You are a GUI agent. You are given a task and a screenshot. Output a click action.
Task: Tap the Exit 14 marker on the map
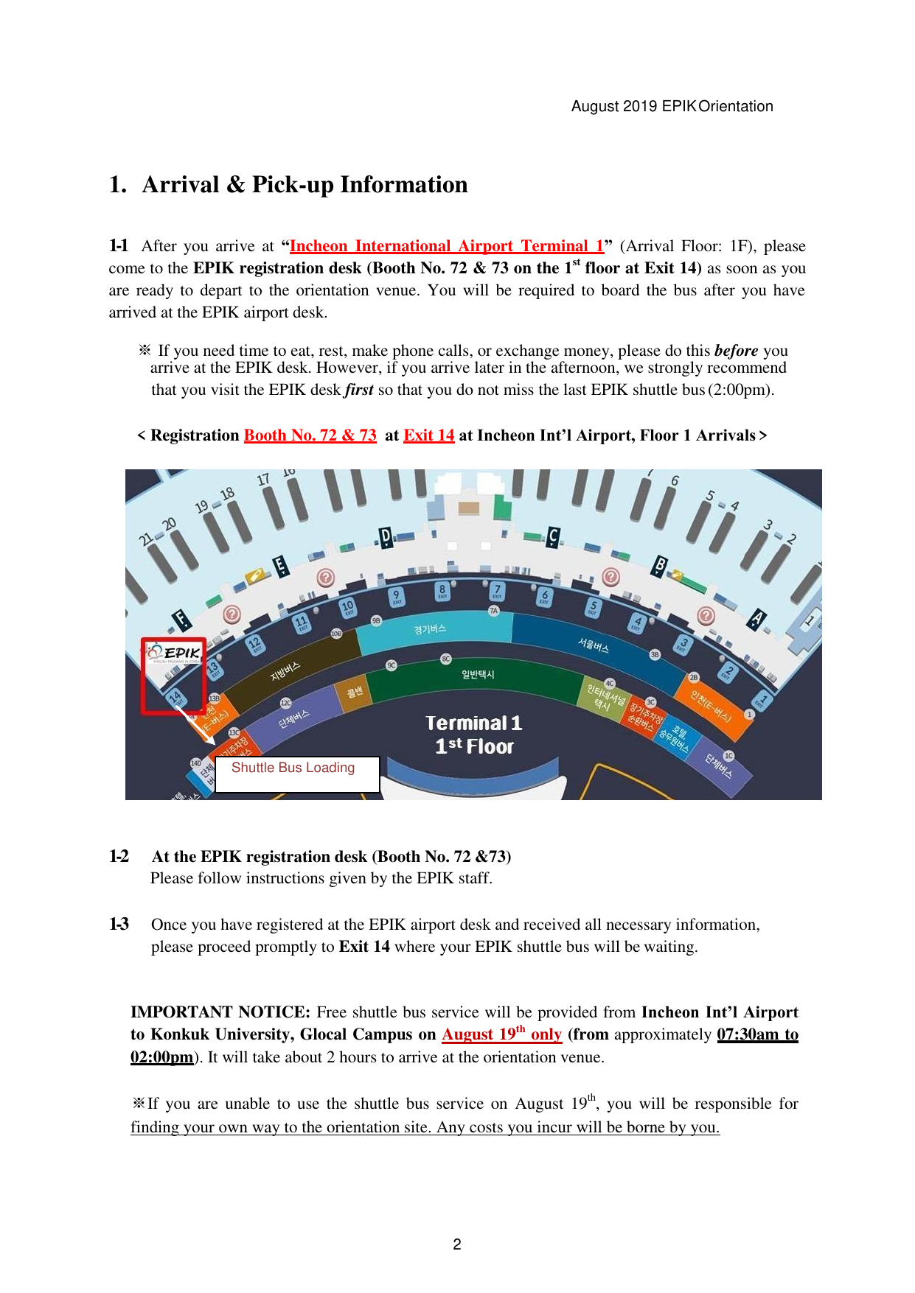pyautogui.click(x=175, y=696)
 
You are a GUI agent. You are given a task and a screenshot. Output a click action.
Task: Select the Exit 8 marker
pyautogui.click(x=442, y=590)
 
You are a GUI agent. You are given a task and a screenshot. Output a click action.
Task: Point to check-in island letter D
pyautogui.click(x=386, y=537)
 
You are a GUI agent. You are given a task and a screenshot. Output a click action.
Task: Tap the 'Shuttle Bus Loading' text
pyautogui.click(x=293, y=768)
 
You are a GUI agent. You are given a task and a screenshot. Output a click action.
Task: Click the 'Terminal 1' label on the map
pyautogui.click(x=473, y=723)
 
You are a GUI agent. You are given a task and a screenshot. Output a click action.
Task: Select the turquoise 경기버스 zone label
pyautogui.click(x=430, y=629)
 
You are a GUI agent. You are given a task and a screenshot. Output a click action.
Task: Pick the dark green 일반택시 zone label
pyautogui.click(x=478, y=674)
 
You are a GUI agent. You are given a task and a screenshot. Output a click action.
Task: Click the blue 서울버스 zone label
pyautogui.click(x=594, y=645)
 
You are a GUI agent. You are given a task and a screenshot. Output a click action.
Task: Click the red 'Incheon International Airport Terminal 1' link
pyautogui.click(x=447, y=246)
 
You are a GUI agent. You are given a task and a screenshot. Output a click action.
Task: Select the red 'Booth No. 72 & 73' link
pyautogui.click(x=310, y=435)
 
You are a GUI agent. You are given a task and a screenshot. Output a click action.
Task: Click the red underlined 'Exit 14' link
pyautogui.click(x=428, y=435)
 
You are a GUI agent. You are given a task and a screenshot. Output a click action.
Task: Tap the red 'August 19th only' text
pyautogui.click(x=501, y=1034)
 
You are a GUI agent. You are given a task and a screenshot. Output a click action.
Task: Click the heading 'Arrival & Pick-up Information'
pyautogui.click(x=305, y=185)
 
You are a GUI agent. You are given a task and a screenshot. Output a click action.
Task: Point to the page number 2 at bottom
pyautogui.click(x=457, y=1244)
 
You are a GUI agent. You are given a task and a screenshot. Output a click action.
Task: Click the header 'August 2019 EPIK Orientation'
pyautogui.click(x=672, y=106)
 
